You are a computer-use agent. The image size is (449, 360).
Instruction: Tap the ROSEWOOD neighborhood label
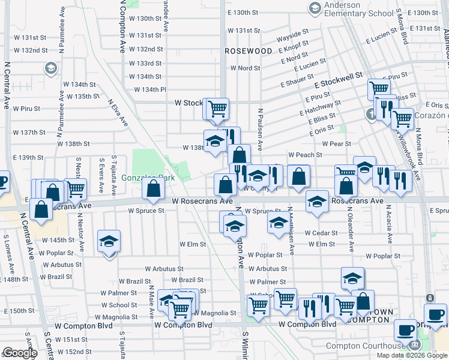(x=249, y=52)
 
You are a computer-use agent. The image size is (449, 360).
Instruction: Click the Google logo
(x=20, y=353)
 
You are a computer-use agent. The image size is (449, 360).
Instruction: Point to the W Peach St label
(x=306, y=155)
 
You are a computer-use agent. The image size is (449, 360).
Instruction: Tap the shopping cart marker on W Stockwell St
(x=218, y=109)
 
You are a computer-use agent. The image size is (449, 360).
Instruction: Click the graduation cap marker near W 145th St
(x=109, y=243)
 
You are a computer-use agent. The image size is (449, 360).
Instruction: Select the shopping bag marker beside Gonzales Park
(x=154, y=189)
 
